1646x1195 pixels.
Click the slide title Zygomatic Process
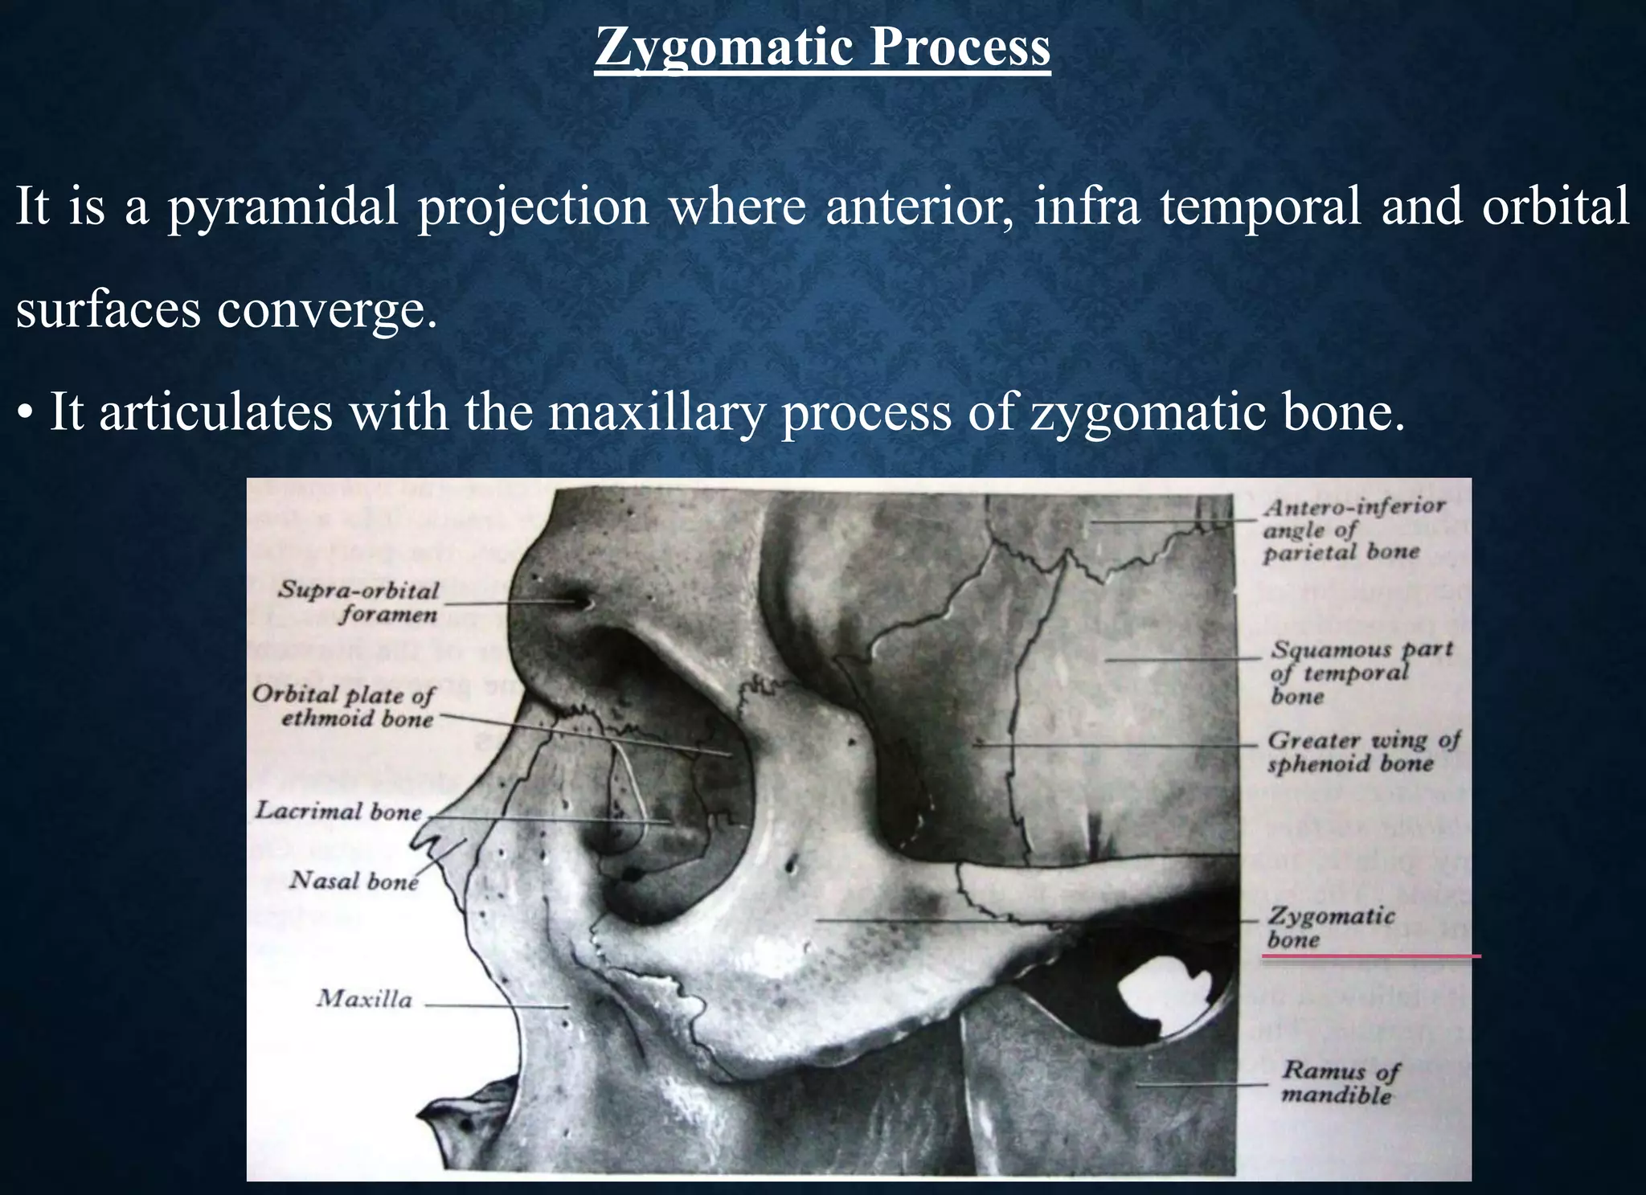point(822,47)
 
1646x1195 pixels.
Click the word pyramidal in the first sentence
point(282,207)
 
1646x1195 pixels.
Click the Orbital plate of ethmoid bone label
point(344,706)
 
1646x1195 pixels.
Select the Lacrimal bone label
point(338,811)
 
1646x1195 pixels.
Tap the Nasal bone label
point(354,881)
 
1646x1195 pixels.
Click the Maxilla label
point(364,999)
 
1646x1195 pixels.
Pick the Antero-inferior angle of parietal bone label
point(1353,530)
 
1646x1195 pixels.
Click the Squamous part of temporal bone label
point(1361,672)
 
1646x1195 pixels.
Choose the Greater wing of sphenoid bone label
point(1363,751)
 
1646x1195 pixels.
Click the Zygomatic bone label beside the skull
point(1330,927)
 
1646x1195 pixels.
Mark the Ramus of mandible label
point(1339,1082)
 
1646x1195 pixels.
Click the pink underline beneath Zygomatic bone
point(1370,956)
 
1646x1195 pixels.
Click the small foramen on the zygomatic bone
point(792,866)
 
